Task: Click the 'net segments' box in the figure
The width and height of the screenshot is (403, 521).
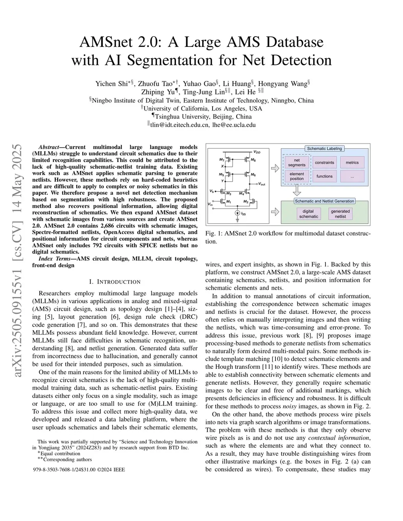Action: coord(297,162)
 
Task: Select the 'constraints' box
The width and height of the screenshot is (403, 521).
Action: coord(324,162)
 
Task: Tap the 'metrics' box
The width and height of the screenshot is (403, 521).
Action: coord(352,162)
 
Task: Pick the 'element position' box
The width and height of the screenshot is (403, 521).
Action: coord(297,176)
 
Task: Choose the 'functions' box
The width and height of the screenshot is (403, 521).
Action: coord(324,176)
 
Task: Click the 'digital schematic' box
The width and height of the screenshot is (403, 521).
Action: coord(309,214)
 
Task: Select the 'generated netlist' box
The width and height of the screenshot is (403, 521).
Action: coord(340,214)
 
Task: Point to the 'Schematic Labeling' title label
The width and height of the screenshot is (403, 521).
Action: coord(325,149)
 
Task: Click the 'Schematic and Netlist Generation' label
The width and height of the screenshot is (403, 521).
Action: coord(325,201)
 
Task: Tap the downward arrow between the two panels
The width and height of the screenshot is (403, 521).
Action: coord(298,191)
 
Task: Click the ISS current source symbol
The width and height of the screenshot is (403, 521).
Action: coord(237,214)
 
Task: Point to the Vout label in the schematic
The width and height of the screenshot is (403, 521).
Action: coord(262,184)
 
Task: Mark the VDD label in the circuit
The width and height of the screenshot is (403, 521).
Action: coord(257,151)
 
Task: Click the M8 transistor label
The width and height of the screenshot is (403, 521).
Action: coord(253,160)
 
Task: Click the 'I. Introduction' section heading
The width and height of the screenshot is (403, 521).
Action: coord(115,282)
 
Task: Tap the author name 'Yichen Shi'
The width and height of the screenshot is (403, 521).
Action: coord(111,83)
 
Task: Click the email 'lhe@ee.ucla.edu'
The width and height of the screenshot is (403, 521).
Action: coord(234,125)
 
